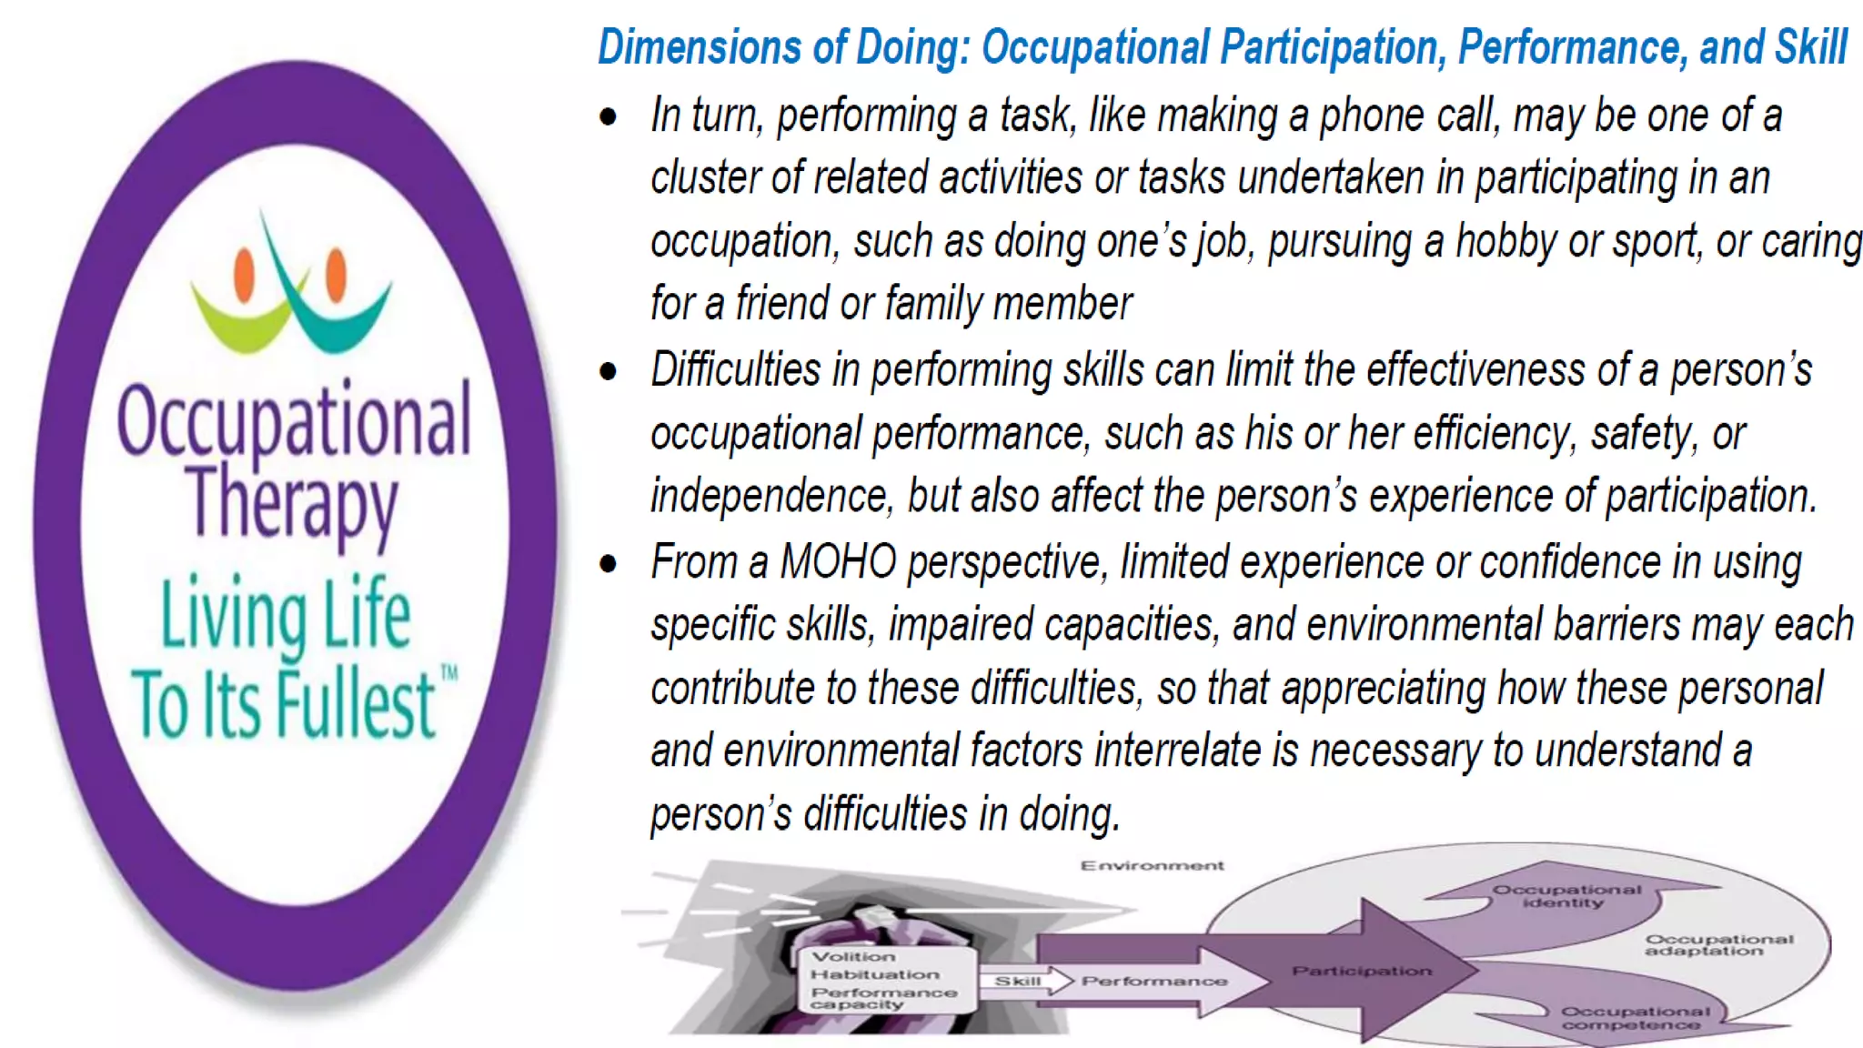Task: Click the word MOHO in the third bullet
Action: tap(838, 561)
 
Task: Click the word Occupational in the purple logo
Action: tap(294, 420)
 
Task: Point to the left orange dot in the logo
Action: tap(244, 274)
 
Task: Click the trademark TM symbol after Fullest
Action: tap(449, 674)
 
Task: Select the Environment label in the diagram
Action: tap(1152, 865)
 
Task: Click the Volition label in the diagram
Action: tap(853, 957)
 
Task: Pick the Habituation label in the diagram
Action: tap(874, 974)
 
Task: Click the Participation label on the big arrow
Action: tap(1362, 971)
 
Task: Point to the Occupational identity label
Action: tap(1566, 896)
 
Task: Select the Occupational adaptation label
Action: tap(1718, 944)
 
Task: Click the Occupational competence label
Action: tap(1635, 1018)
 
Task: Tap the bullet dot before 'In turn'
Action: tap(608, 116)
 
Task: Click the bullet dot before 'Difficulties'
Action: tap(608, 371)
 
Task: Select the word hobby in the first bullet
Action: tap(1506, 242)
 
